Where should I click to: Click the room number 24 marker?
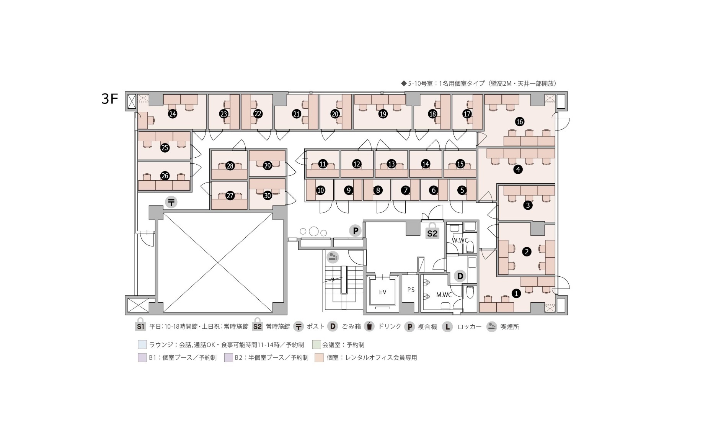[x=173, y=114]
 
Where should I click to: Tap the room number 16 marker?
[x=519, y=122]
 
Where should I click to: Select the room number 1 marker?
[x=516, y=294]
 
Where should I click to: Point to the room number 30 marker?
[x=268, y=195]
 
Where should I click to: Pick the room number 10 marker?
[x=321, y=190]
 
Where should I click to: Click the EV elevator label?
[x=383, y=292]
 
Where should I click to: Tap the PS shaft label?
[x=411, y=290]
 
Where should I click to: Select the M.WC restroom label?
[x=444, y=295]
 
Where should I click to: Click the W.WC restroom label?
[x=460, y=240]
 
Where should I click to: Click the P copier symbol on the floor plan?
[x=356, y=231]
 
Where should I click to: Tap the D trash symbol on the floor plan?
[x=460, y=276]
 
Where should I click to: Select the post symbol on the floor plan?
[x=171, y=202]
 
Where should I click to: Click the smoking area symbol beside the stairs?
[x=333, y=256]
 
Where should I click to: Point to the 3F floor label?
[x=109, y=99]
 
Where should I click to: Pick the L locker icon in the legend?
[x=447, y=326]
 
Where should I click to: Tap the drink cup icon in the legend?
[x=369, y=326]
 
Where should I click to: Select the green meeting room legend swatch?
[x=316, y=344]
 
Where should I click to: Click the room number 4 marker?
[x=518, y=169]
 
